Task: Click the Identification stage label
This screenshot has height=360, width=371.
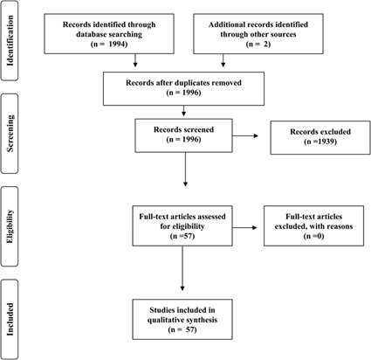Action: [x=10, y=40]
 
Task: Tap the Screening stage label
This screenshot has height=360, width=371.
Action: [x=10, y=134]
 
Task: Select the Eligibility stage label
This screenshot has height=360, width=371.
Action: [x=10, y=226]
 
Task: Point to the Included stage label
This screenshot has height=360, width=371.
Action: [x=10, y=319]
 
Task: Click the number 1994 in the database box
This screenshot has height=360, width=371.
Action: [x=118, y=45]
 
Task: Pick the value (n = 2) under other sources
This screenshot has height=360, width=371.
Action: [x=258, y=45]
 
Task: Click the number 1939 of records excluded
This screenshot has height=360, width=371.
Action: [x=327, y=142]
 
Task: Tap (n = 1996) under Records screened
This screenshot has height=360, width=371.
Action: [x=183, y=140]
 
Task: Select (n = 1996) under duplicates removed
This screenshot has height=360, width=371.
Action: [x=183, y=93]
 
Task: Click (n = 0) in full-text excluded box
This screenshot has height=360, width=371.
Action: [x=313, y=236]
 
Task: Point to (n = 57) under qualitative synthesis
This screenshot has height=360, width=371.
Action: [x=182, y=329]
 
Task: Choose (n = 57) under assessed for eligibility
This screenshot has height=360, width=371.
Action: [x=182, y=236]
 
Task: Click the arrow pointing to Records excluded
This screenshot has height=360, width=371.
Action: [x=245, y=135]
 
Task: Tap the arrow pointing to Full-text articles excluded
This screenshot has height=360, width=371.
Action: [x=244, y=228]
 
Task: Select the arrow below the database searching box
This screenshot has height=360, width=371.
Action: [x=135, y=60]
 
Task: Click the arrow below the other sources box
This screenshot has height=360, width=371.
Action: [x=223, y=60]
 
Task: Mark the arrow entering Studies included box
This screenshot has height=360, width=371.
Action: [x=182, y=268]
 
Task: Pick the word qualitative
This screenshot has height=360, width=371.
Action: [x=165, y=320]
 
